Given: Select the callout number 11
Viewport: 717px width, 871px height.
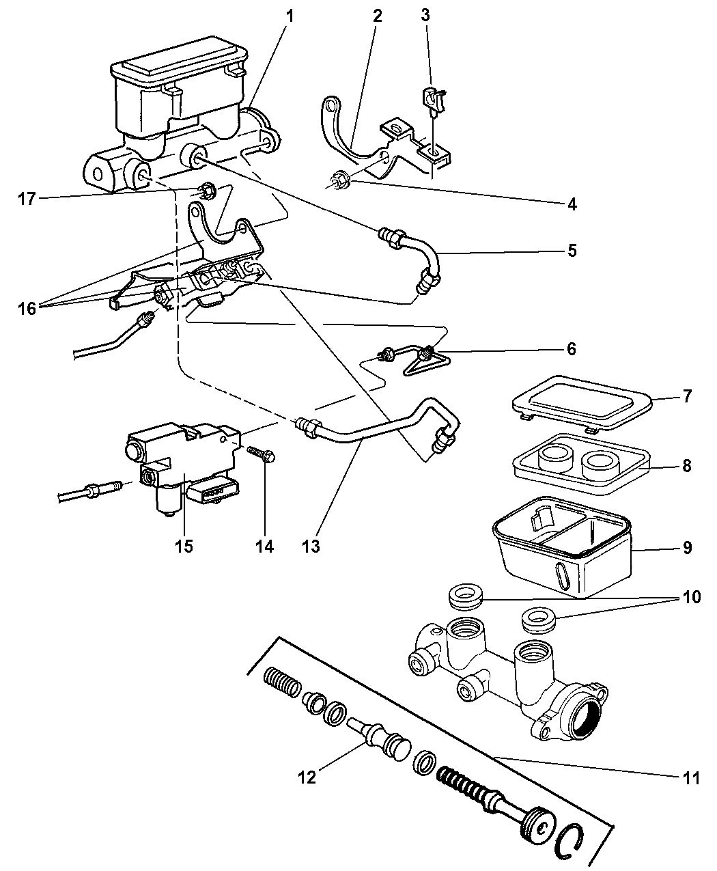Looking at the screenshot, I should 690,778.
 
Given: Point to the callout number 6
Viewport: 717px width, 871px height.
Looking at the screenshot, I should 570,350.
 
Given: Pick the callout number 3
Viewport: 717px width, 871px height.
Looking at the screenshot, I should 425,14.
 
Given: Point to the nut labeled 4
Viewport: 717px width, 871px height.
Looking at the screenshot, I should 340,181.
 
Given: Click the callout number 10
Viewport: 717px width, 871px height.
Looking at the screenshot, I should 690,597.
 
